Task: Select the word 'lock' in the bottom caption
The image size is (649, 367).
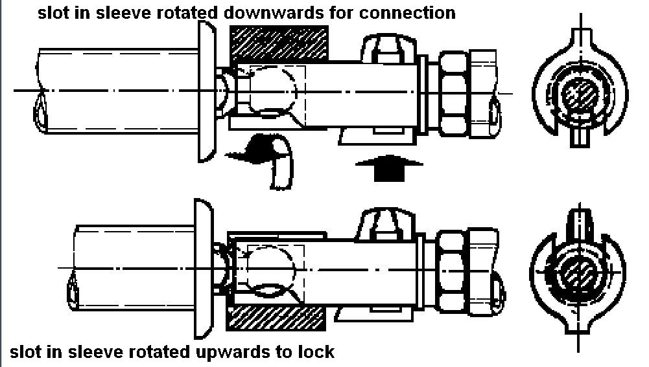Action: pos(317,352)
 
